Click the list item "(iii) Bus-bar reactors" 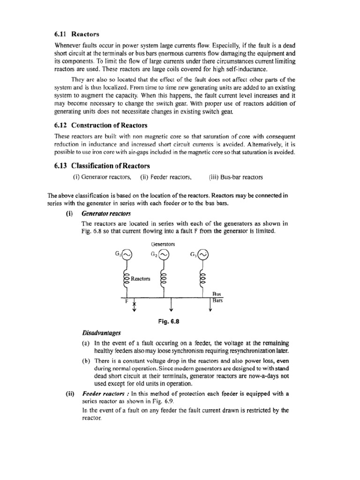[236, 177]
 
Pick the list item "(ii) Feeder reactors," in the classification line [166, 177]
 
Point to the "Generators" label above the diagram [163, 244]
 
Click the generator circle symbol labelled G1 [127, 255]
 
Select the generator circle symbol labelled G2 [164, 255]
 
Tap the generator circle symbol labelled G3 [202, 255]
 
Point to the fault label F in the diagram [126, 302]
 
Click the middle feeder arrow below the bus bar [172, 305]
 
